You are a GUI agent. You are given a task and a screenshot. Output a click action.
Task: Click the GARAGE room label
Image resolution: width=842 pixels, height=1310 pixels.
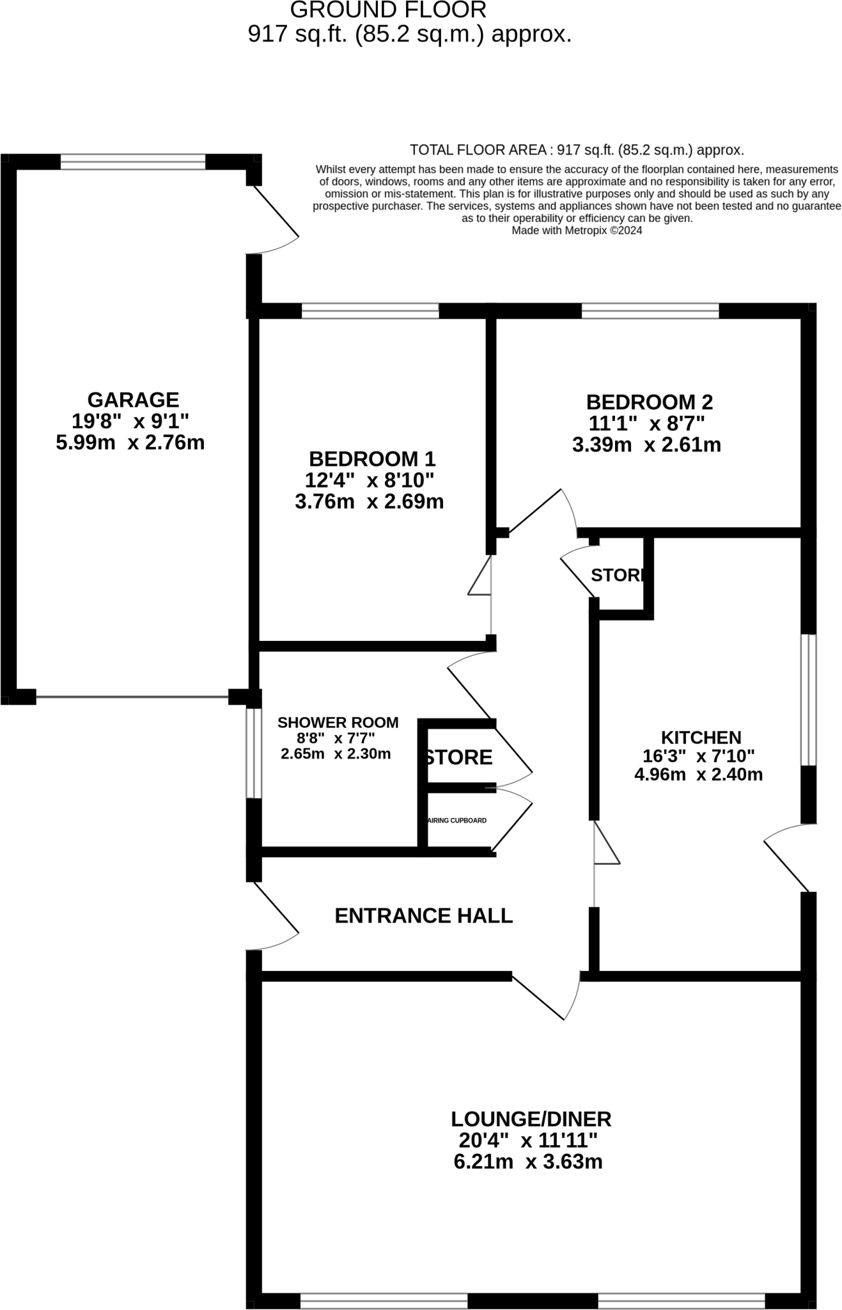point(133,400)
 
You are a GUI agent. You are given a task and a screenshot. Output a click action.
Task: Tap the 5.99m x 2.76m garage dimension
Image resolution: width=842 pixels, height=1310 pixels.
point(130,443)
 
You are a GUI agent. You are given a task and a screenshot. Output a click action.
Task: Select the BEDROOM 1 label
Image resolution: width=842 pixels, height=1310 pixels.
point(372,459)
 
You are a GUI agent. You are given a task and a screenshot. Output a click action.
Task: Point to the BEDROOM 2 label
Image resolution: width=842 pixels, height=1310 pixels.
point(649,402)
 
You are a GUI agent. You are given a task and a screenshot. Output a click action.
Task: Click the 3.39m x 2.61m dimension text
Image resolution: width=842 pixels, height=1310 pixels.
point(646,445)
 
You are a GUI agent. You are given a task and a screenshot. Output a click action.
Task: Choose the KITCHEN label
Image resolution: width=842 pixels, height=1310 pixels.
point(701,738)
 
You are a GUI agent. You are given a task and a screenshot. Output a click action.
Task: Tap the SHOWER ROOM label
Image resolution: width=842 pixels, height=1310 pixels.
point(338,723)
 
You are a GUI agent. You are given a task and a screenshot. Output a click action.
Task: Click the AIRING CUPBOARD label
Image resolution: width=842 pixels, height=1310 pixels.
point(458,821)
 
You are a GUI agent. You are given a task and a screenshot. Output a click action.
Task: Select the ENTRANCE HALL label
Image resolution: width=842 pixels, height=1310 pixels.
point(423,916)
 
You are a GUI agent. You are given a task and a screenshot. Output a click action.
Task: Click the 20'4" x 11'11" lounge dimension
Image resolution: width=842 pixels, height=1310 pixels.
point(528,1140)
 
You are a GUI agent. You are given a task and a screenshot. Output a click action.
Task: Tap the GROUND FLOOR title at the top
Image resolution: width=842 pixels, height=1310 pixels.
point(388,10)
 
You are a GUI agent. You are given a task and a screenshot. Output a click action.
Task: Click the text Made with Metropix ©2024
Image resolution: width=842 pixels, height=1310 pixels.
point(577,231)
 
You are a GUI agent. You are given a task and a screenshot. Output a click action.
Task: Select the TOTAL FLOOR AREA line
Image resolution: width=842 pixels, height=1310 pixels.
point(577,150)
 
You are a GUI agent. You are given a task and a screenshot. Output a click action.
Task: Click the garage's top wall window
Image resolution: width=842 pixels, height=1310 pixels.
point(133,162)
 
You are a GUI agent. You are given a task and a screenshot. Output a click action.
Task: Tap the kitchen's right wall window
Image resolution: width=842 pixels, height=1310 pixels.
point(809,700)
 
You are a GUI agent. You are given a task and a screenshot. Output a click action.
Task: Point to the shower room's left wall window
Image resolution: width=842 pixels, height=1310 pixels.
point(254,753)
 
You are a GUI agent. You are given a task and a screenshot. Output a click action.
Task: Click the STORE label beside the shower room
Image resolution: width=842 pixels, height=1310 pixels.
point(459,757)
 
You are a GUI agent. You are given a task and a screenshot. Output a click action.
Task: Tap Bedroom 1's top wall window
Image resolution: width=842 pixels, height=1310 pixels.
point(370,312)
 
